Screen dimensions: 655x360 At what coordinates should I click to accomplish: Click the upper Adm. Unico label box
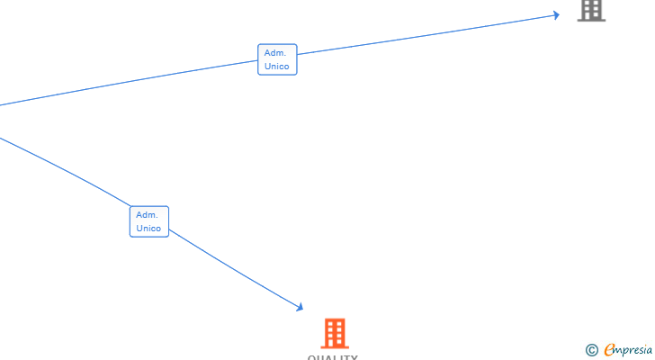(x=277, y=59)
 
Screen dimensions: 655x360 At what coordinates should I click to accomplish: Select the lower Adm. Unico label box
(x=148, y=221)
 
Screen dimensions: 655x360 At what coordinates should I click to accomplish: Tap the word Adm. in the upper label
(x=275, y=53)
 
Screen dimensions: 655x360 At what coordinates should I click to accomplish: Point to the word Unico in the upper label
(x=277, y=67)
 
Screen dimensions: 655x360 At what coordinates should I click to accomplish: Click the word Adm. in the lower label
(x=147, y=215)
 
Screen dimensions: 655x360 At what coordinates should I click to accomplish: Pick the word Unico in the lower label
(x=148, y=229)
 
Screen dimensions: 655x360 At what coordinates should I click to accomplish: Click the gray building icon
(x=591, y=10)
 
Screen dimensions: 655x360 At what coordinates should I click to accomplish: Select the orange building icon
(x=335, y=333)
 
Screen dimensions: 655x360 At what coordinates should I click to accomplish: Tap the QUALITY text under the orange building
(x=333, y=357)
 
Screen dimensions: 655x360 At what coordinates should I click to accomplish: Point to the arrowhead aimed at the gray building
(x=556, y=14)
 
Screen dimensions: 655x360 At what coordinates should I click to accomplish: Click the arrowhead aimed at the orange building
(x=300, y=308)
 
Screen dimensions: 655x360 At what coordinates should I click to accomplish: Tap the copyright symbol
(x=591, y=350)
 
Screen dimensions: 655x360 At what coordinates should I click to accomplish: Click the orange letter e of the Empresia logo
(x=609, y=350)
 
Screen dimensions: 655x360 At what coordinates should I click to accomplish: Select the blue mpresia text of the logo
(x=635, y=351)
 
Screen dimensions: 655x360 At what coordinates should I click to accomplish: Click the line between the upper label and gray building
(x=423, y=36)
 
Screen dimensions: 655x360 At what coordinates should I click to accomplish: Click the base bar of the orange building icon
(x=335, y=346)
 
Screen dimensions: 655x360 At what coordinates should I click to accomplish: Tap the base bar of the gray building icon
(x=591, y=20)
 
